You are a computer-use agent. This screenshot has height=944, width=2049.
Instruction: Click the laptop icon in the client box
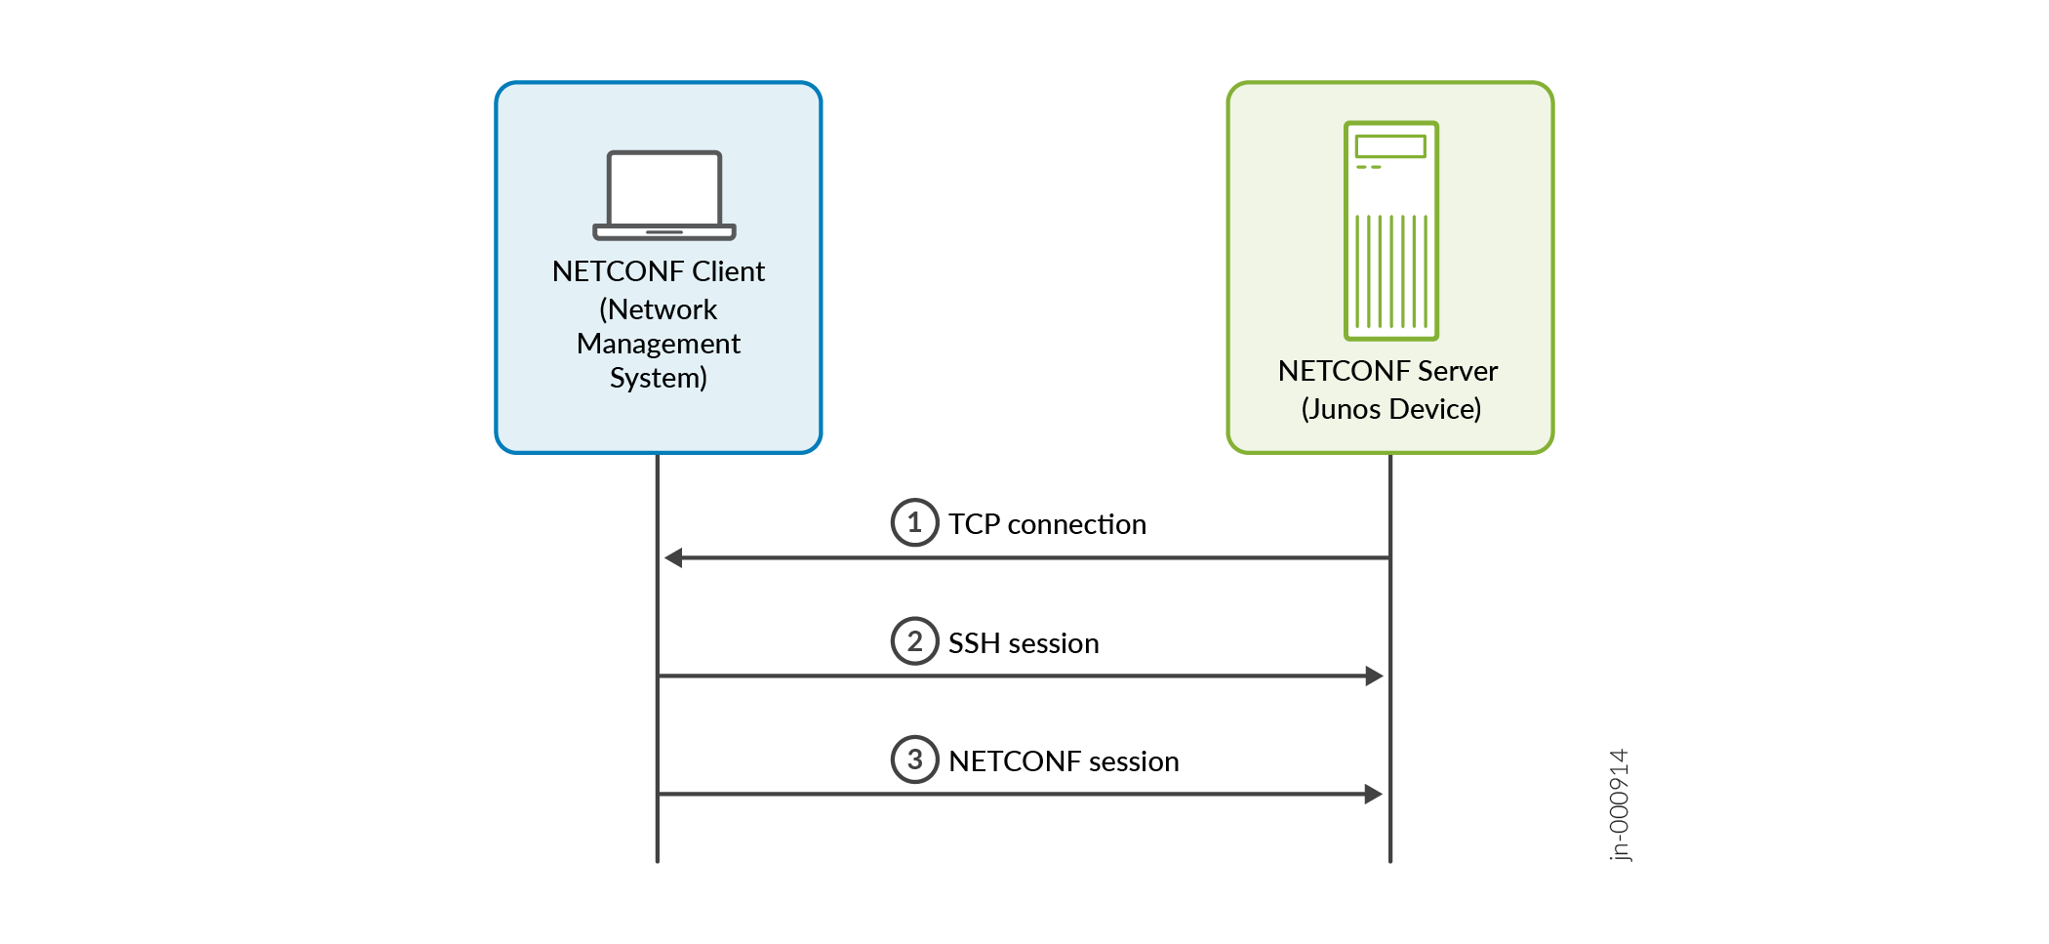pyautogui.click(x=663, y=195)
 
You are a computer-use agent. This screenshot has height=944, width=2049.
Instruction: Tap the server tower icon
pyautogui.click(x=1390, y=230)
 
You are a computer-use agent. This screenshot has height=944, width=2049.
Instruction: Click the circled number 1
pyautogui.click(x=914, y=522)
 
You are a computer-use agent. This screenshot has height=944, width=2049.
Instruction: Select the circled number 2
pyautogui.click(x=914, y=641)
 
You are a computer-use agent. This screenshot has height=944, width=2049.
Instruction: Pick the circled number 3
pyautogui.click(x=914, y=759)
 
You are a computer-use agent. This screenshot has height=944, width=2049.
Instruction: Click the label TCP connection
pyautogui.click(x=1047, y=524)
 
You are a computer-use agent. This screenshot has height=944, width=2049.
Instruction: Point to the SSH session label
pyautogui.click(x=1024, y=643)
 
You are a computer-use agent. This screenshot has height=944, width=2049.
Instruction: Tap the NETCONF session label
pyautogui.click(x=1064, y=761)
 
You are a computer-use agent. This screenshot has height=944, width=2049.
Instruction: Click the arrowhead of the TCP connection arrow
pyautogui.click(x=673, y=557)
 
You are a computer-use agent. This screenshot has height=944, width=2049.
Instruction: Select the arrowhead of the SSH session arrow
pyautogui.click(x=1374, y=676)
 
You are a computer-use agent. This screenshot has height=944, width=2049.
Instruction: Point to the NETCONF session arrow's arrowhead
pyautogui.click(x=1374, y=794)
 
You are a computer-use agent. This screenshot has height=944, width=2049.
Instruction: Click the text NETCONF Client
pyautogui.click(x=658, y=271)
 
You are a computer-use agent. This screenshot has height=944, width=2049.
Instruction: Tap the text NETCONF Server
pyautogui.click(x=1387, y=371)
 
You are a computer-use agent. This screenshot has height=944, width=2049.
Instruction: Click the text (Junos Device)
pyautogui.click(x=1390, y=409)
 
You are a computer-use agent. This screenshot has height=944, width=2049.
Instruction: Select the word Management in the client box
pyautogui.click(x=658, y=344)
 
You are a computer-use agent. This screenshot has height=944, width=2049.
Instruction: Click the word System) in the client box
pyautogui.click(x=658, y=378)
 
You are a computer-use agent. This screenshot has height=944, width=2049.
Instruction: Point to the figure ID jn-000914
pyautogui.click(x=1619, y=805)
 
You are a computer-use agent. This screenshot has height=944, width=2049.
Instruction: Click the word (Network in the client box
pyautogui.click(x=658, y=309)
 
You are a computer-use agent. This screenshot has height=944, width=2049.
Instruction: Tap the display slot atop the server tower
pyautogui.click(x=1390, y=146)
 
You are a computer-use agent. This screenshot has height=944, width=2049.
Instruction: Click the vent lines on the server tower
pyautogui.click(x=1390, y=271)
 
